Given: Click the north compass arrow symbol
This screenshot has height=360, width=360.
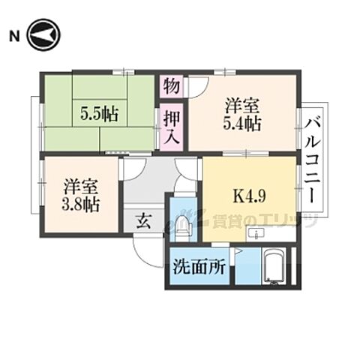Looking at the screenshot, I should click(x=44, y=35).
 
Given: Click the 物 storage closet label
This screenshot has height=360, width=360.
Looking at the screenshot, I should click(x=172, y=85).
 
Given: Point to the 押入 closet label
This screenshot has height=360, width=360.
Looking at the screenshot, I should click(x=172, y=127).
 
